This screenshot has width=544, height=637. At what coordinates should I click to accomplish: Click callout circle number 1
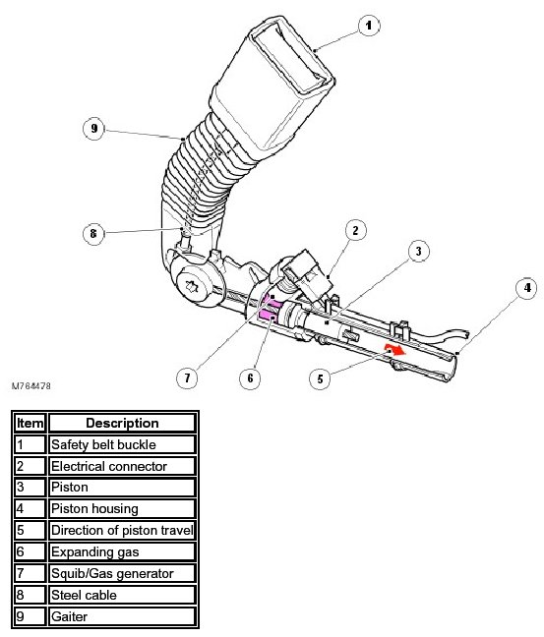point(369,26)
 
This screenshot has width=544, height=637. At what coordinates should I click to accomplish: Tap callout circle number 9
point(93,129)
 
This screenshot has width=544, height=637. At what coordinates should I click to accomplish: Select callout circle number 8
point(93,234)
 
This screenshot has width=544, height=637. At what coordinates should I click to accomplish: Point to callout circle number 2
point(356,230)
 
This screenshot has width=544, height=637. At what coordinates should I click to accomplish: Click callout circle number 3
point(419,251)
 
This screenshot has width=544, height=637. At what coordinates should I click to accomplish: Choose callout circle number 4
point(527,288)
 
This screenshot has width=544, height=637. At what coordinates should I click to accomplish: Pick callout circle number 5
point(320,378)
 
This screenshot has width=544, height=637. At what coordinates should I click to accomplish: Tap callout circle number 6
point(250,378)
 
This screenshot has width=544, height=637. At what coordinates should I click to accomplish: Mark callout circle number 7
point(187,378)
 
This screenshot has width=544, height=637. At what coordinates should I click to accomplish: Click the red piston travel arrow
point(395,349)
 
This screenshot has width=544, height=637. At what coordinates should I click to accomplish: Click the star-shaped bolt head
point(192,287)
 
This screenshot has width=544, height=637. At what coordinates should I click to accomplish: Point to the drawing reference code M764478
point(31,386)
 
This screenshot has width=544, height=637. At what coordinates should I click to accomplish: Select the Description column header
point(122,423)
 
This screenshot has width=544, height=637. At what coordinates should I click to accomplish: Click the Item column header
point(30,423)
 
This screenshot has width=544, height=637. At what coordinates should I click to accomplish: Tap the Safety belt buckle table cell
point(122,444)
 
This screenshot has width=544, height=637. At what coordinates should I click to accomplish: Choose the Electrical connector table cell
point(122,466)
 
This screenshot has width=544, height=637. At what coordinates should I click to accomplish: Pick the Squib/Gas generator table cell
point(122,573)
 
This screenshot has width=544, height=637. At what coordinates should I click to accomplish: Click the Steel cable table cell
point(122,595)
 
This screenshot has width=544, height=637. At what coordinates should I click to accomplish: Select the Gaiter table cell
point(122,616)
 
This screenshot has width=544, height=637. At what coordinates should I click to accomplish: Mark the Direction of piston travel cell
point(122,530)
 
